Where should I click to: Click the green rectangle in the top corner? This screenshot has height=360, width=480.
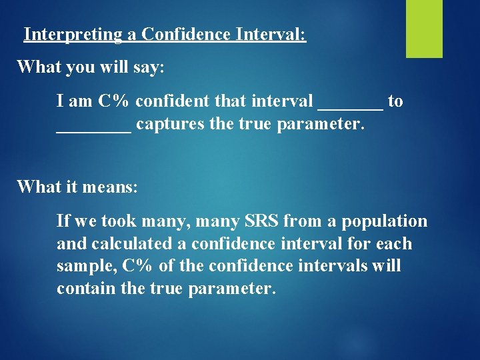click(x=424, y=28)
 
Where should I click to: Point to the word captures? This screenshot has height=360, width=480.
click(x=169, y=125)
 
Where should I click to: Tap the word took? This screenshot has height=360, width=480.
click(x=117, y=221)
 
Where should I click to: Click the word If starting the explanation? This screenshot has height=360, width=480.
click(x=64, y=221)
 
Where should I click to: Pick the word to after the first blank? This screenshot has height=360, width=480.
click(x=395, y=101)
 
